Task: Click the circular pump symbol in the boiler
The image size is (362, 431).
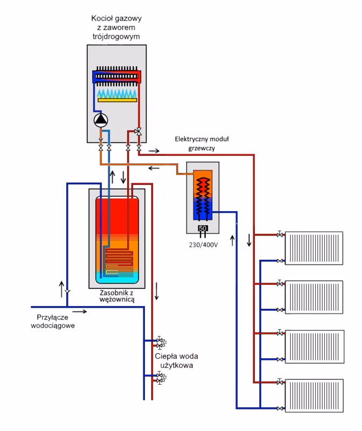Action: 101,120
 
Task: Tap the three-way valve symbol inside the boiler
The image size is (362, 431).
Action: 138,131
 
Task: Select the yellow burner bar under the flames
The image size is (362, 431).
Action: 117,100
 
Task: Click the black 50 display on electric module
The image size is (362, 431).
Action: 203,228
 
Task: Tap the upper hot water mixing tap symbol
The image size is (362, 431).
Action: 161,341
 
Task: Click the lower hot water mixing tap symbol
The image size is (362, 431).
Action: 161,379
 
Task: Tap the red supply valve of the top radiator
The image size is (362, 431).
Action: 280,234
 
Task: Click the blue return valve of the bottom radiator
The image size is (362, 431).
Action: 280,408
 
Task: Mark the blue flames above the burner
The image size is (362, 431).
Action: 117,93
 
